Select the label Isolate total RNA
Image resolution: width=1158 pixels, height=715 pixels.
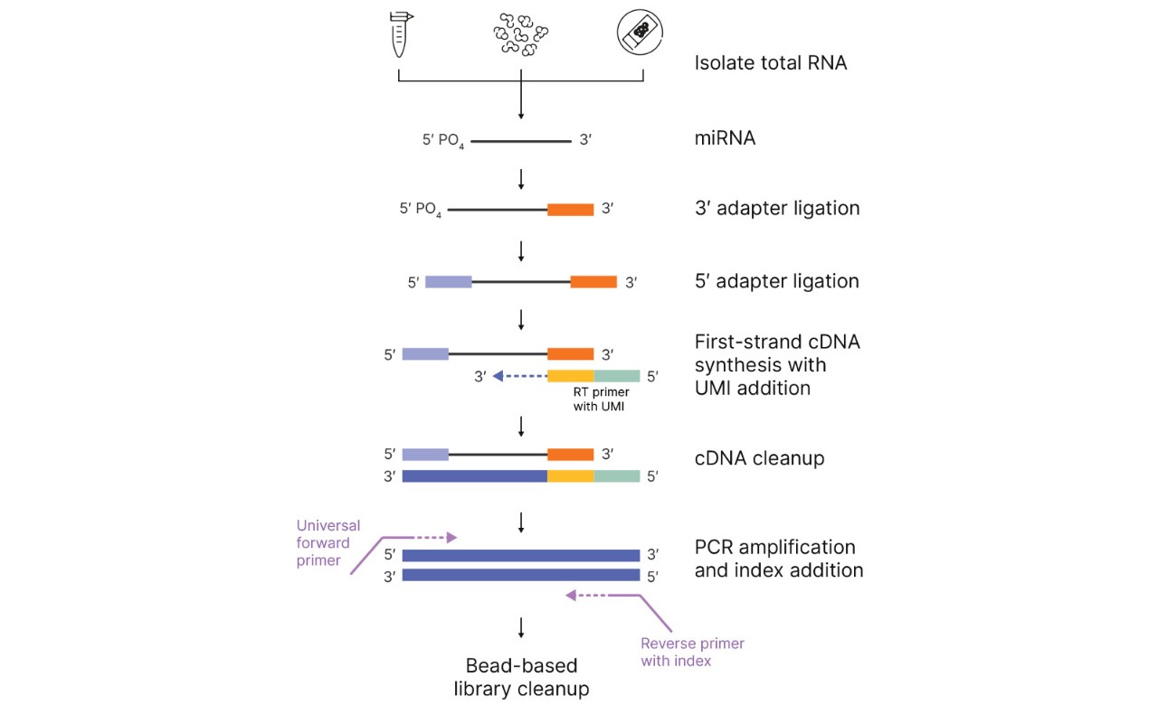771,63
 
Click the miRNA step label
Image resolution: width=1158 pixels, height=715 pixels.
725,139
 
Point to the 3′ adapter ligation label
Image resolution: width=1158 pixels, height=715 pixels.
776,208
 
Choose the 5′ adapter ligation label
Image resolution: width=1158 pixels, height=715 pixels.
776,281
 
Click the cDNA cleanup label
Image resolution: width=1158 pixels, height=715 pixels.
759,458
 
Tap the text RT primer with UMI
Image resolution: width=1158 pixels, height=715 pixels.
601,400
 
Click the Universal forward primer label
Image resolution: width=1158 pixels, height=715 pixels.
328,542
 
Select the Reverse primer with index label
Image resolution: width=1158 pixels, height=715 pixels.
692,652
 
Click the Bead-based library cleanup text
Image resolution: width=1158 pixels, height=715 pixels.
521,677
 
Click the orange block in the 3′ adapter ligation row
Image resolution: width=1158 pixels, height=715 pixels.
570,209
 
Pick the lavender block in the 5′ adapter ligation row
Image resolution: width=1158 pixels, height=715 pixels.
448,282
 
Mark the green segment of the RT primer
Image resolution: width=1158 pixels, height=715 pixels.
617,375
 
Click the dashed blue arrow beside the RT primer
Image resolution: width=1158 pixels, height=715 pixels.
519,376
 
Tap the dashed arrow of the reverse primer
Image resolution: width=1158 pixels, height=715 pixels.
602,595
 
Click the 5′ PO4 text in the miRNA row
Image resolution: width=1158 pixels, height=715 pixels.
443,141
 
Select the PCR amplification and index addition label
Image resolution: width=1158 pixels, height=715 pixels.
778,559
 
